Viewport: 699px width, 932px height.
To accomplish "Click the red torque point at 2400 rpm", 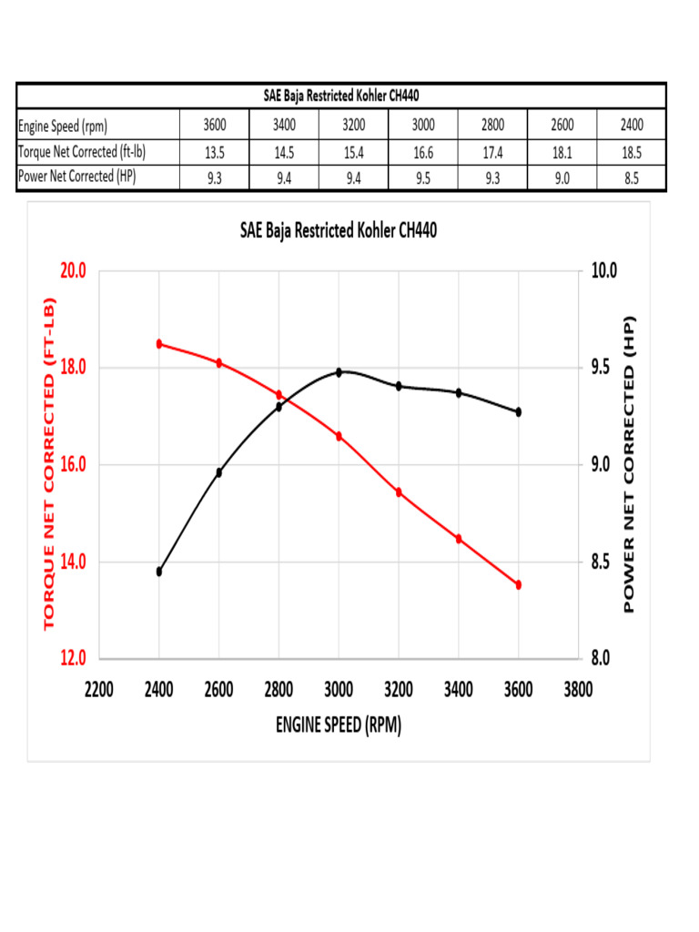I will point(159,344).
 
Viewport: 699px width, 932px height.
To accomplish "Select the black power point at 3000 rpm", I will point(339,372).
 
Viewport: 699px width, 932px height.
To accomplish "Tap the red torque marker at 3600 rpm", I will point(519,585).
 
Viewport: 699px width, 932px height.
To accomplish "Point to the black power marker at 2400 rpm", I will point(159,572).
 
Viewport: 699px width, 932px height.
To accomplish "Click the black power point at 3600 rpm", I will point(519,412).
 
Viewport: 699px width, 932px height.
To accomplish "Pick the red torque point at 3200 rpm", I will point(399,492).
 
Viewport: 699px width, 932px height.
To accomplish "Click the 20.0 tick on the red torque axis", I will point(73,271).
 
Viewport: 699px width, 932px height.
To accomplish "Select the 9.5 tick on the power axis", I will point(603,368).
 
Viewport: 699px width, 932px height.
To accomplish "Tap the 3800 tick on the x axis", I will point(578,689).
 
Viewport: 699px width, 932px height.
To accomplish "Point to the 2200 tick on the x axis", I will point(99,689).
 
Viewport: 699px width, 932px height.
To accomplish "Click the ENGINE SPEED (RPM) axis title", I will point(338,725).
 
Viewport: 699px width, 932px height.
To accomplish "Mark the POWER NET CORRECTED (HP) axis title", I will point(630,464).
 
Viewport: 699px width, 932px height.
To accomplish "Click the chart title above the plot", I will point(339,231).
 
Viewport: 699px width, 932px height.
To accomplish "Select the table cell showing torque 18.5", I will point(632,153).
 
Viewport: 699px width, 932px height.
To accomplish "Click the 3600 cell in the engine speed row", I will point(215,126).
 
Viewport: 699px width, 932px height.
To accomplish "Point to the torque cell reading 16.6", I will point(422,153).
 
